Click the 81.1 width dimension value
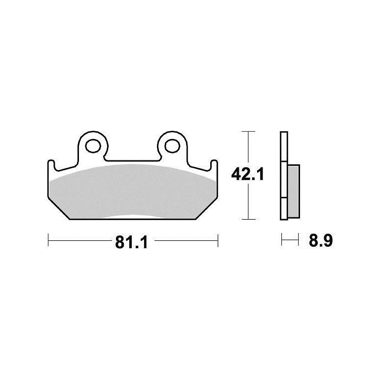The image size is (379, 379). pyautogui.click(x=131, y=242)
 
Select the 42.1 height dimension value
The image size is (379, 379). pyautogui.click(x=247, y=174)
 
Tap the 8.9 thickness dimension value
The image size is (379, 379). pyautogui.click(x=321, y=240)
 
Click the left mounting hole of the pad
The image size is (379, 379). pyautogui.click(x=93, y=146)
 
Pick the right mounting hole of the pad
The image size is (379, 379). pyautogui.click(x=172, y=146)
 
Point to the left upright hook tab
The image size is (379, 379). pyautogui.click(x=51, y=165)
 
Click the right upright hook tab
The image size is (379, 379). pyautogui.click(x=214, y=165)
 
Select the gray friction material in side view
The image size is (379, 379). pyautogui.click(x=294, y=191)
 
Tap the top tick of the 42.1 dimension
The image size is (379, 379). pyautogui.click(x=248, y=131)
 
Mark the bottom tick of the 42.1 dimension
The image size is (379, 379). pyautogui.click(x=248, y=219)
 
